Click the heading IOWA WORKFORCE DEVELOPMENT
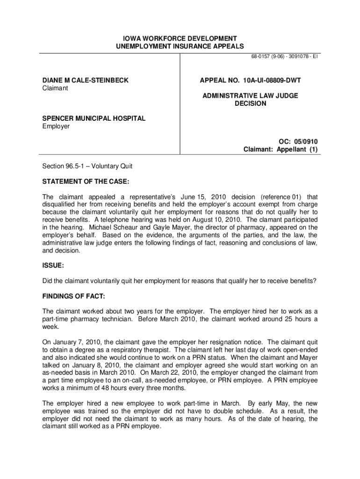tap(180, 38)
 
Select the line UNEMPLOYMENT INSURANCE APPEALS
tap(180, 46)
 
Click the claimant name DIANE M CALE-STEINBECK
tap(86, 80)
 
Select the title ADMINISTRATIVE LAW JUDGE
tap(251, 96)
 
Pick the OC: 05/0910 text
tap(297, 142)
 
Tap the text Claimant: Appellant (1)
tap(281, 150)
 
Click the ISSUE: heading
tap(53, 265)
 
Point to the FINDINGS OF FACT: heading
tap(74, 296)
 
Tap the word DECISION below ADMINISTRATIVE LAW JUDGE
tap(251, 103)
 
